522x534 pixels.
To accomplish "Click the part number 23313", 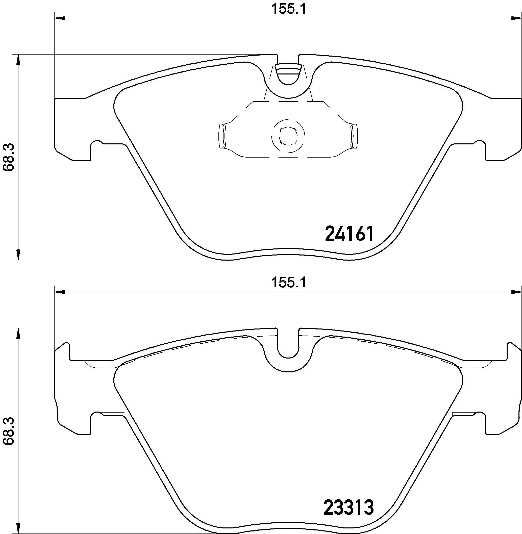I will point(349,508).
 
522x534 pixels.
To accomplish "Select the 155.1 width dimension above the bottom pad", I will point(288,283).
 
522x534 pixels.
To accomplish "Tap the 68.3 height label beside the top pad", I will point(9,158).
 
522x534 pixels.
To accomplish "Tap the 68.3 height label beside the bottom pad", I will point(9,431).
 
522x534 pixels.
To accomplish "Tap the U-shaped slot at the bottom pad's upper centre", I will point(288,346).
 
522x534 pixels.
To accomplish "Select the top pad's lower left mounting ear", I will point(73,152).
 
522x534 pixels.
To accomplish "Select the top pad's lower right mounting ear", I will point(504,152).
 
